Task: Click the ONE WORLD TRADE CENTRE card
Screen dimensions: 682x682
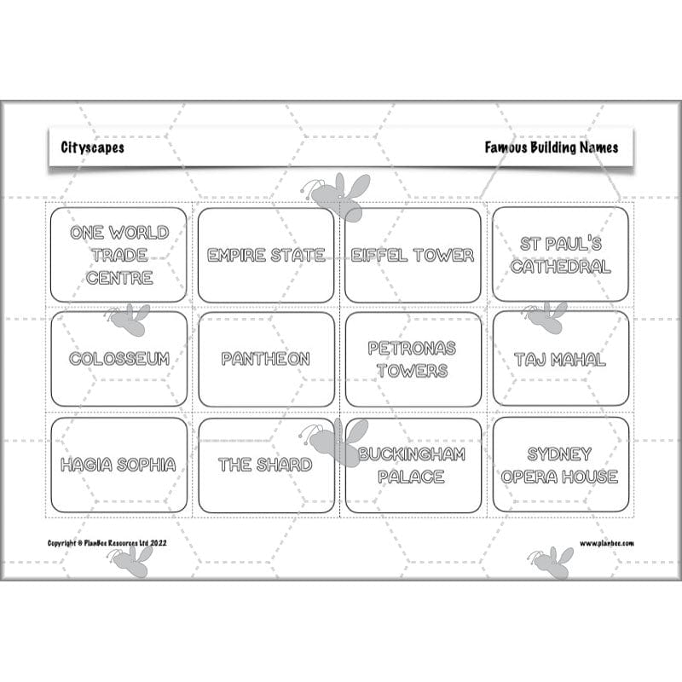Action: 118,254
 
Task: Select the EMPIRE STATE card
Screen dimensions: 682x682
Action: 266,254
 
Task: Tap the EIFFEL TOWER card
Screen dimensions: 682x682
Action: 413,254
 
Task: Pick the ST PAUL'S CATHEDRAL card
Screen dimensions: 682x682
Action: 560,254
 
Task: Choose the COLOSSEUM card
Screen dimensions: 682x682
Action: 118,359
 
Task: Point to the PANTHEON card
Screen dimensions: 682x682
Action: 266,359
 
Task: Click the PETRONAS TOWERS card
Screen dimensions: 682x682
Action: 413,359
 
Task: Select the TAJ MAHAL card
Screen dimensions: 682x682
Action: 560,359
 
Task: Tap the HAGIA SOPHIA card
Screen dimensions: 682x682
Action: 118,465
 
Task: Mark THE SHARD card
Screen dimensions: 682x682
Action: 266,465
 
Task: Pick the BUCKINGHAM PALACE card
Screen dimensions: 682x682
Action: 413,465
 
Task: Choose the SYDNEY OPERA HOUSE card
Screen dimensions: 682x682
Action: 560,465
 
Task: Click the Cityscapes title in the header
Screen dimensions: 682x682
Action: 92,147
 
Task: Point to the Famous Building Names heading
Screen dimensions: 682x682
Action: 552,147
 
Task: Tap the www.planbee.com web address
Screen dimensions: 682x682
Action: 606,543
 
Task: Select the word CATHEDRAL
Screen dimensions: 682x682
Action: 560,266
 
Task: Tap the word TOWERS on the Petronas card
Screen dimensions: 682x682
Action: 413,371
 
